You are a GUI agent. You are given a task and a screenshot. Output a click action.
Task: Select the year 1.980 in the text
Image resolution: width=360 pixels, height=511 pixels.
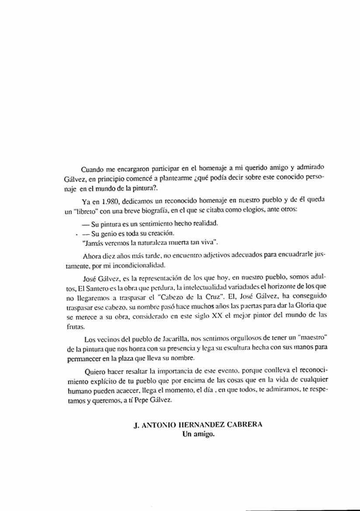pos(110,202)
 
